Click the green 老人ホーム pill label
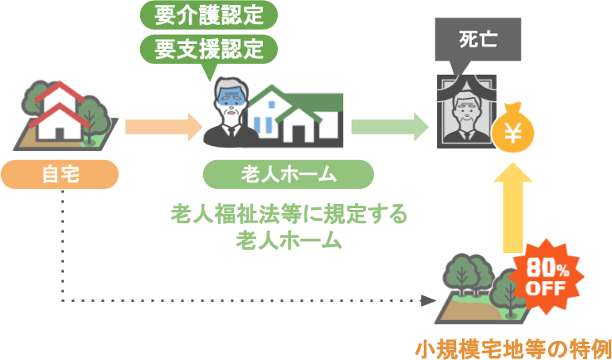pyautogui.click(x=287, y=174)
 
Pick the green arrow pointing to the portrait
pyautogui.click(x=388, y=126)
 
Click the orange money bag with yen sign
pyautogui.click(x=513, y=129)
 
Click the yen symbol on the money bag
pyautogui.click(x=513, y=134)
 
